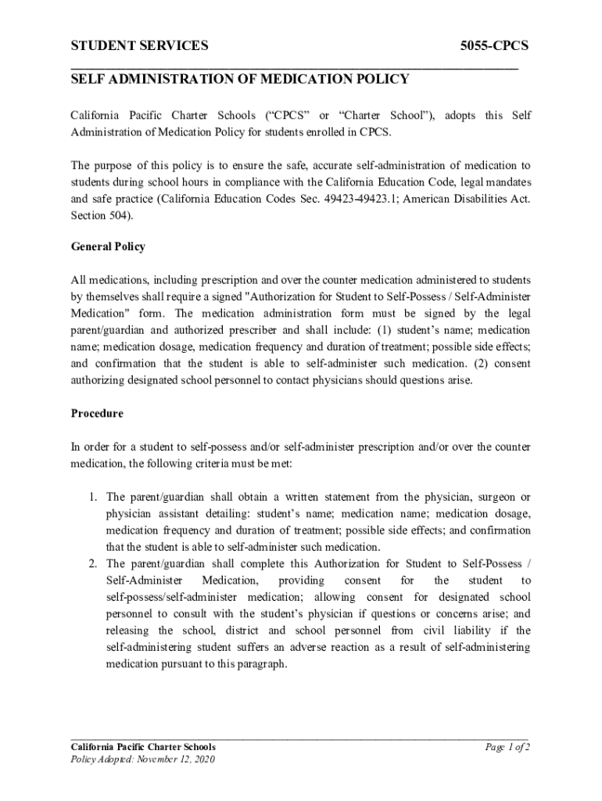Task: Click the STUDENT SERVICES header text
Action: [x=140, y=46]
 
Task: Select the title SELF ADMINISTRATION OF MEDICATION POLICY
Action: [x=240, y=79]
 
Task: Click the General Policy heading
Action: [x=108, y=246]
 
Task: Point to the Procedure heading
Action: [x=97, y=413]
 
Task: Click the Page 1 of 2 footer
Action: [x=507, y=747]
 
